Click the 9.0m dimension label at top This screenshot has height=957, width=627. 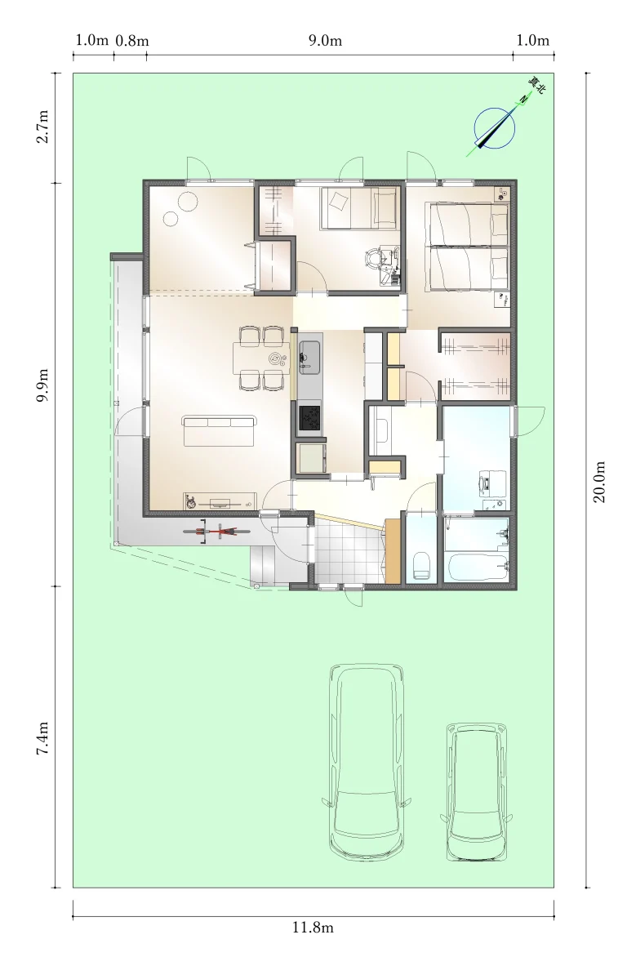(325, 40)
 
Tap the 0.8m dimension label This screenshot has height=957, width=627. (132, 40)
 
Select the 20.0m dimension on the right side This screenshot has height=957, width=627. (599, 482)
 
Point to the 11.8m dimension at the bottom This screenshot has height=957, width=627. (313, 928)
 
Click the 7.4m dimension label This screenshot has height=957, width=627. (42, 738)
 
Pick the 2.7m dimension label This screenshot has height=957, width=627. (42, 127)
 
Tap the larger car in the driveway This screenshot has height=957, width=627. (367, 763)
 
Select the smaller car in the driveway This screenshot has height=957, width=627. (476, 791)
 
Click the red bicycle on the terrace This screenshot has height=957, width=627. (216, 532)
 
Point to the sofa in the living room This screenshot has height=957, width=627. (219, 431)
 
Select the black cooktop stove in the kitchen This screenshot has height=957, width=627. (309, 417)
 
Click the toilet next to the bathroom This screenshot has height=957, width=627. (422, 564)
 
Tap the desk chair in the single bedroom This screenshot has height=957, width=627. (372, 259)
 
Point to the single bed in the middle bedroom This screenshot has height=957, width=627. (359, 207)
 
